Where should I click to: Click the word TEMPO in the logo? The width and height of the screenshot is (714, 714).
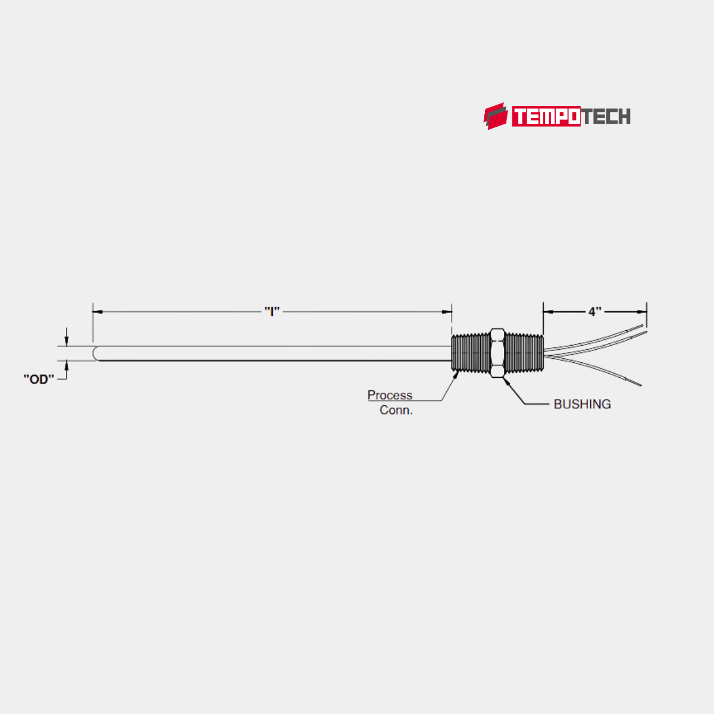click(x=546, y=117)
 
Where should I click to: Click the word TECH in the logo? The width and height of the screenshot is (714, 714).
click(x=605, y=117)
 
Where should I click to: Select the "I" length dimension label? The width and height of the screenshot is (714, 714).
click(x=272, y=311)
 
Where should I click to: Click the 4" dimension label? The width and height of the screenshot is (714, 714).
click(x=594, y=312)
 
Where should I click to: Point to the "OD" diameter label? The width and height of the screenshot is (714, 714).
click(x=39, y=379)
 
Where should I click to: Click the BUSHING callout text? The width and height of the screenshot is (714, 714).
click(x=582, y=404)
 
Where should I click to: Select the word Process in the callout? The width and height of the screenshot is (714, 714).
click(x=390, y=395)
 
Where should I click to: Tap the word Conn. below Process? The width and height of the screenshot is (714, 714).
click(x=396, y=410)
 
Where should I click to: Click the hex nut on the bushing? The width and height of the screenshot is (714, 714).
click(x=497, y=353)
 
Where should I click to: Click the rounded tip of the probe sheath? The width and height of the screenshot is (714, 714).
click(x=96, y=353)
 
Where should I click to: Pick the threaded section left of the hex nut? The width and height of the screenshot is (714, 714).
click(x=470, y=353)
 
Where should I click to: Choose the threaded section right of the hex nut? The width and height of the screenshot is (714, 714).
click(x=524, y=353)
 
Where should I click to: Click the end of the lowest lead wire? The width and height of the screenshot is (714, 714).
click(x=640, y=385)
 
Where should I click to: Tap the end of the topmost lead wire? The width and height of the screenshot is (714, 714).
click(x=643, y=325)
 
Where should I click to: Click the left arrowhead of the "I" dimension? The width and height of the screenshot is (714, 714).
click(x=97, y=311)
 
